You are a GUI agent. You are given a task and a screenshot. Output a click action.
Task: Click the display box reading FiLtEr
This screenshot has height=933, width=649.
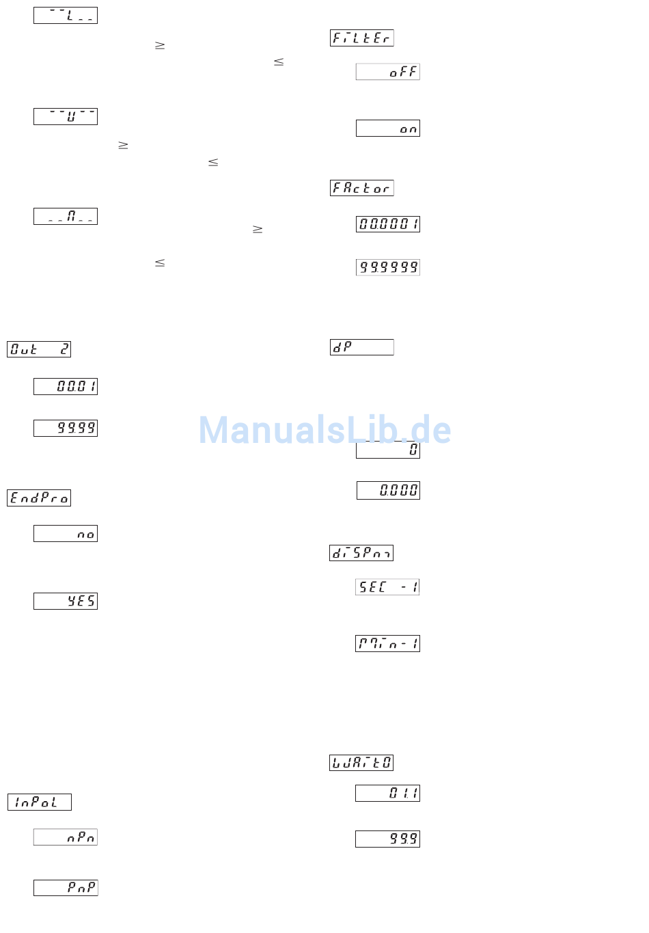pos(361,38)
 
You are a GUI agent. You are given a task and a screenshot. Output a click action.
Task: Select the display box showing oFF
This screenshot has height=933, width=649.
pos(387,72)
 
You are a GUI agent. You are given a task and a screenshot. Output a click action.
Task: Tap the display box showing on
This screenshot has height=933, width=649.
pos(387,129)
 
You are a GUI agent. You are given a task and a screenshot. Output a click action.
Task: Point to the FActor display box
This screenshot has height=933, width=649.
pos(361,188)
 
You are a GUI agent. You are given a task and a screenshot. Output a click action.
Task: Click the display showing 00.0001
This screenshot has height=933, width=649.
pos(387,224)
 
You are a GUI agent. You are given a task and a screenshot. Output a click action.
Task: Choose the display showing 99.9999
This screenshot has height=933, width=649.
pos(387,267)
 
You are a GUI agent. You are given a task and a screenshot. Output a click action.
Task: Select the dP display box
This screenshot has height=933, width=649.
pos(361,347)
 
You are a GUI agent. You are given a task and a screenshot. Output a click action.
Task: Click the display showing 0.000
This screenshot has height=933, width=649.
pos(388,490)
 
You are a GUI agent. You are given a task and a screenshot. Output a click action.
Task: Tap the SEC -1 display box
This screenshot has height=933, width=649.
pos(387,587)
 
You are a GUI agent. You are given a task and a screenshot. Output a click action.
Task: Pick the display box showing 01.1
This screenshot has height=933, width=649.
pos(387,793)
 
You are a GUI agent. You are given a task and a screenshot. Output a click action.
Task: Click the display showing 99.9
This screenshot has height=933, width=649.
pos(387,839)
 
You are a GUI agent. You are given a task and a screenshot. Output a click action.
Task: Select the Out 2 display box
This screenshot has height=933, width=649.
pos(39,349)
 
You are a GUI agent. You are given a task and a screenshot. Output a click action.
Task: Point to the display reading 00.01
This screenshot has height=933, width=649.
pos(66,386)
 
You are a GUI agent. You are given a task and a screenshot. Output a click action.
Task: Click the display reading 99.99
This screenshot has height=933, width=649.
pos(66,428)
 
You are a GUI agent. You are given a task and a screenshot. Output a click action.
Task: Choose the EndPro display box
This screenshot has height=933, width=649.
pos(39,498)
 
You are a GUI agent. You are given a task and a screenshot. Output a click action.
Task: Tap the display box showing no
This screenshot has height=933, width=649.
pos(66,534)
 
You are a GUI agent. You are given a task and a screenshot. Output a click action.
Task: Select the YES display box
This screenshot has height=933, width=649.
pos(66,601)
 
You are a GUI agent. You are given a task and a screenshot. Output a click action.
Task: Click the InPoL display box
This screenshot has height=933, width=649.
pos(40,802)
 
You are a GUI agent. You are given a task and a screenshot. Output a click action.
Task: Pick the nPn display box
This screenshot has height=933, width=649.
pos(66,837)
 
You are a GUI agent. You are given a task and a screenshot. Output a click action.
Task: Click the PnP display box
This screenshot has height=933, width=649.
pos(66,888)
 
